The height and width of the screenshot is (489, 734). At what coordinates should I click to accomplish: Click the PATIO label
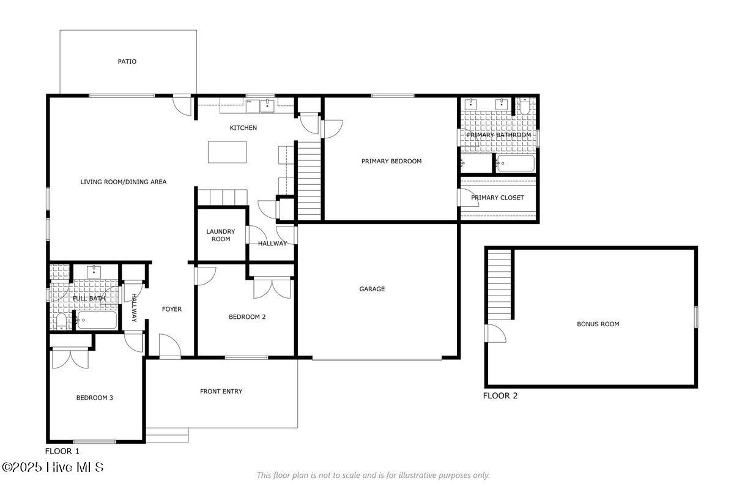click(x=127, y=61)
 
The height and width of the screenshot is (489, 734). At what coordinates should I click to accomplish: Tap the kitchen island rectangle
click(x=227, y=152)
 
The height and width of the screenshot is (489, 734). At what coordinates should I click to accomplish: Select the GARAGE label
click(x=372, y=289)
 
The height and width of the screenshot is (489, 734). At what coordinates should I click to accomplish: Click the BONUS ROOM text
click(x=598, y=324)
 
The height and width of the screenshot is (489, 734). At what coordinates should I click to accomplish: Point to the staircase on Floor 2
click(x=499, y=285)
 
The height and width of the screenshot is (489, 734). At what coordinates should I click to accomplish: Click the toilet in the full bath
click(x=61, y=321)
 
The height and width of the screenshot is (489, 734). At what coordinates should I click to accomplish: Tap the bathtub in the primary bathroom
click(x=516, y=163)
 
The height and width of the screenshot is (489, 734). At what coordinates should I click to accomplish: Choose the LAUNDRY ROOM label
click(x=221, y=235)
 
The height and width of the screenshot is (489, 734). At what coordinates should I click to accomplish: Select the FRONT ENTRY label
click(x=221, y=391)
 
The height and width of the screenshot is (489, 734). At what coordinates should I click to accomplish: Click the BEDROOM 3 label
click(x=94, y=398)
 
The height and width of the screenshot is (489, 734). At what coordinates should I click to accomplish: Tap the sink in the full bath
click(x=94, y=272)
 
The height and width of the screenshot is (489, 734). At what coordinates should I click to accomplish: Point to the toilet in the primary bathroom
click(x=524, y=106)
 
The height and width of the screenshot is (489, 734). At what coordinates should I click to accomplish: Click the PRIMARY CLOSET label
click(x=497, y=198)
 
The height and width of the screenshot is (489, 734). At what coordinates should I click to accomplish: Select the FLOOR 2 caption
click(x=500, y=395)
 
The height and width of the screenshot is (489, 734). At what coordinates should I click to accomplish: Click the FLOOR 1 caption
click(x=62, y=451)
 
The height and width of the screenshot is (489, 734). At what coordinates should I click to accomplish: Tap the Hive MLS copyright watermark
click(x=53, y=467)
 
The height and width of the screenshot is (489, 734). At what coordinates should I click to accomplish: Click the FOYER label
click(x=172, y=309)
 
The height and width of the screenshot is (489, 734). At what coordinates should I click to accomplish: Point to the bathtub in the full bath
click(x=97, y=320)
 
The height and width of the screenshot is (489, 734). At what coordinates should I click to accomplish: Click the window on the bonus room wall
click(x=696, y=317)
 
